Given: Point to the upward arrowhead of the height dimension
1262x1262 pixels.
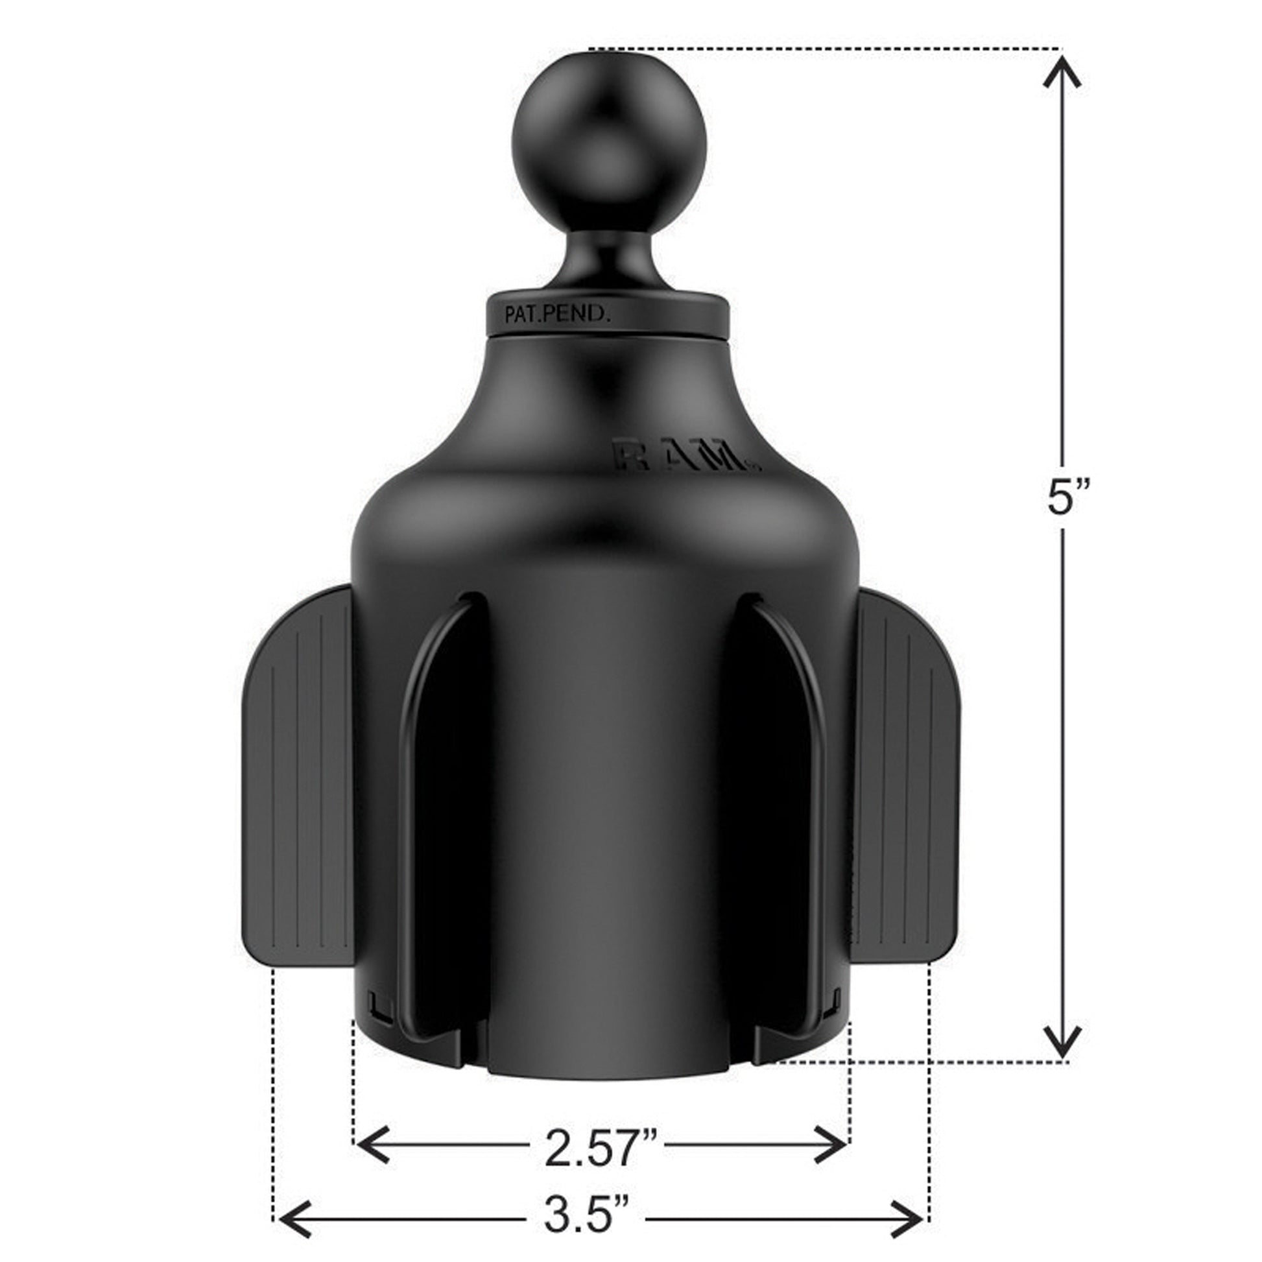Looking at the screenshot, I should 1062,72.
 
